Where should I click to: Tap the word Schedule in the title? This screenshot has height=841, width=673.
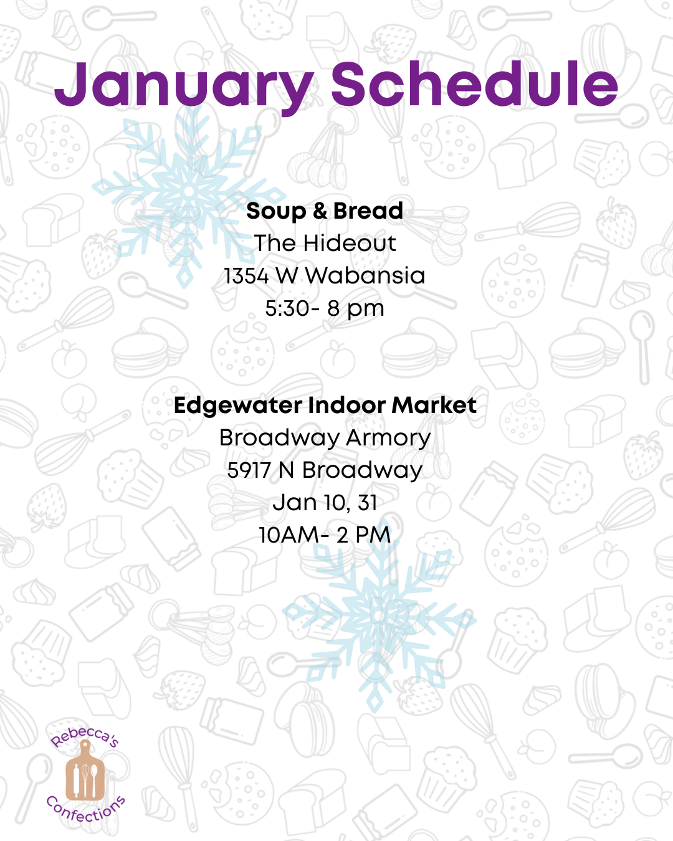click(474, 83)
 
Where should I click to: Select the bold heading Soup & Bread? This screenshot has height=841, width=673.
click(325, 211)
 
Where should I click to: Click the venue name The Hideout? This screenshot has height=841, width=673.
click(325, 243)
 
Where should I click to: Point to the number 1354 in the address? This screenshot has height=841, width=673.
click(246, 275)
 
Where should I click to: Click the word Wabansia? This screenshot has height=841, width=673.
click(365, 275)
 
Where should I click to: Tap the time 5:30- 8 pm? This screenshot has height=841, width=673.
click(325, 309)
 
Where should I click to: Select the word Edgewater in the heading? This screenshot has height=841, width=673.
click(238, 406)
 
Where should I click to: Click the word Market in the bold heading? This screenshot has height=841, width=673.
click(434, 406)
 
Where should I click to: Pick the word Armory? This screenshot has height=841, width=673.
click(388, 439)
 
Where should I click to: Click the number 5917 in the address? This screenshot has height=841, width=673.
click(249, 470)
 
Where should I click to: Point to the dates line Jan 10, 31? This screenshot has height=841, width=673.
click(325, 503)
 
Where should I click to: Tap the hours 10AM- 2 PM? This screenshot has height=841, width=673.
click(325, 535)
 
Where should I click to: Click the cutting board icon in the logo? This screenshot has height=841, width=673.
click(85, 771)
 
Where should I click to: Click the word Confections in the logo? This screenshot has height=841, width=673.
click(85, 808)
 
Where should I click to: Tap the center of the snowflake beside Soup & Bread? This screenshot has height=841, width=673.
click(189, 191)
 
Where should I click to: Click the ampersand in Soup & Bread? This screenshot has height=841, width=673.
click(320, 211)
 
